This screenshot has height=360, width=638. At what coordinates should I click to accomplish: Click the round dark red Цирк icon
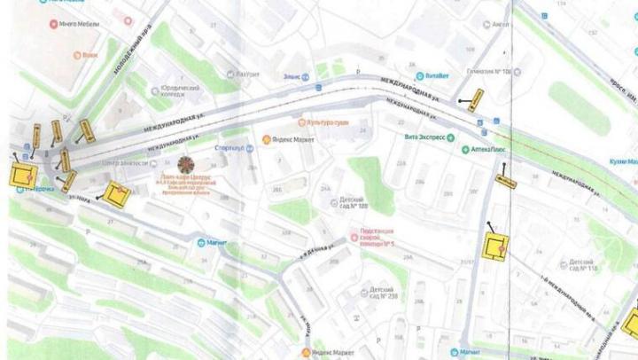tap(187, 164)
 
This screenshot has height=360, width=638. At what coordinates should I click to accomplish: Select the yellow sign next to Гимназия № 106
tap(477, 99)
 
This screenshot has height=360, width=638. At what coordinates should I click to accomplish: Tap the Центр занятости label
tap(123, 163)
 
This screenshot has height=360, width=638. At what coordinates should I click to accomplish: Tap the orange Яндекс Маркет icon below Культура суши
tap(267, 140)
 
